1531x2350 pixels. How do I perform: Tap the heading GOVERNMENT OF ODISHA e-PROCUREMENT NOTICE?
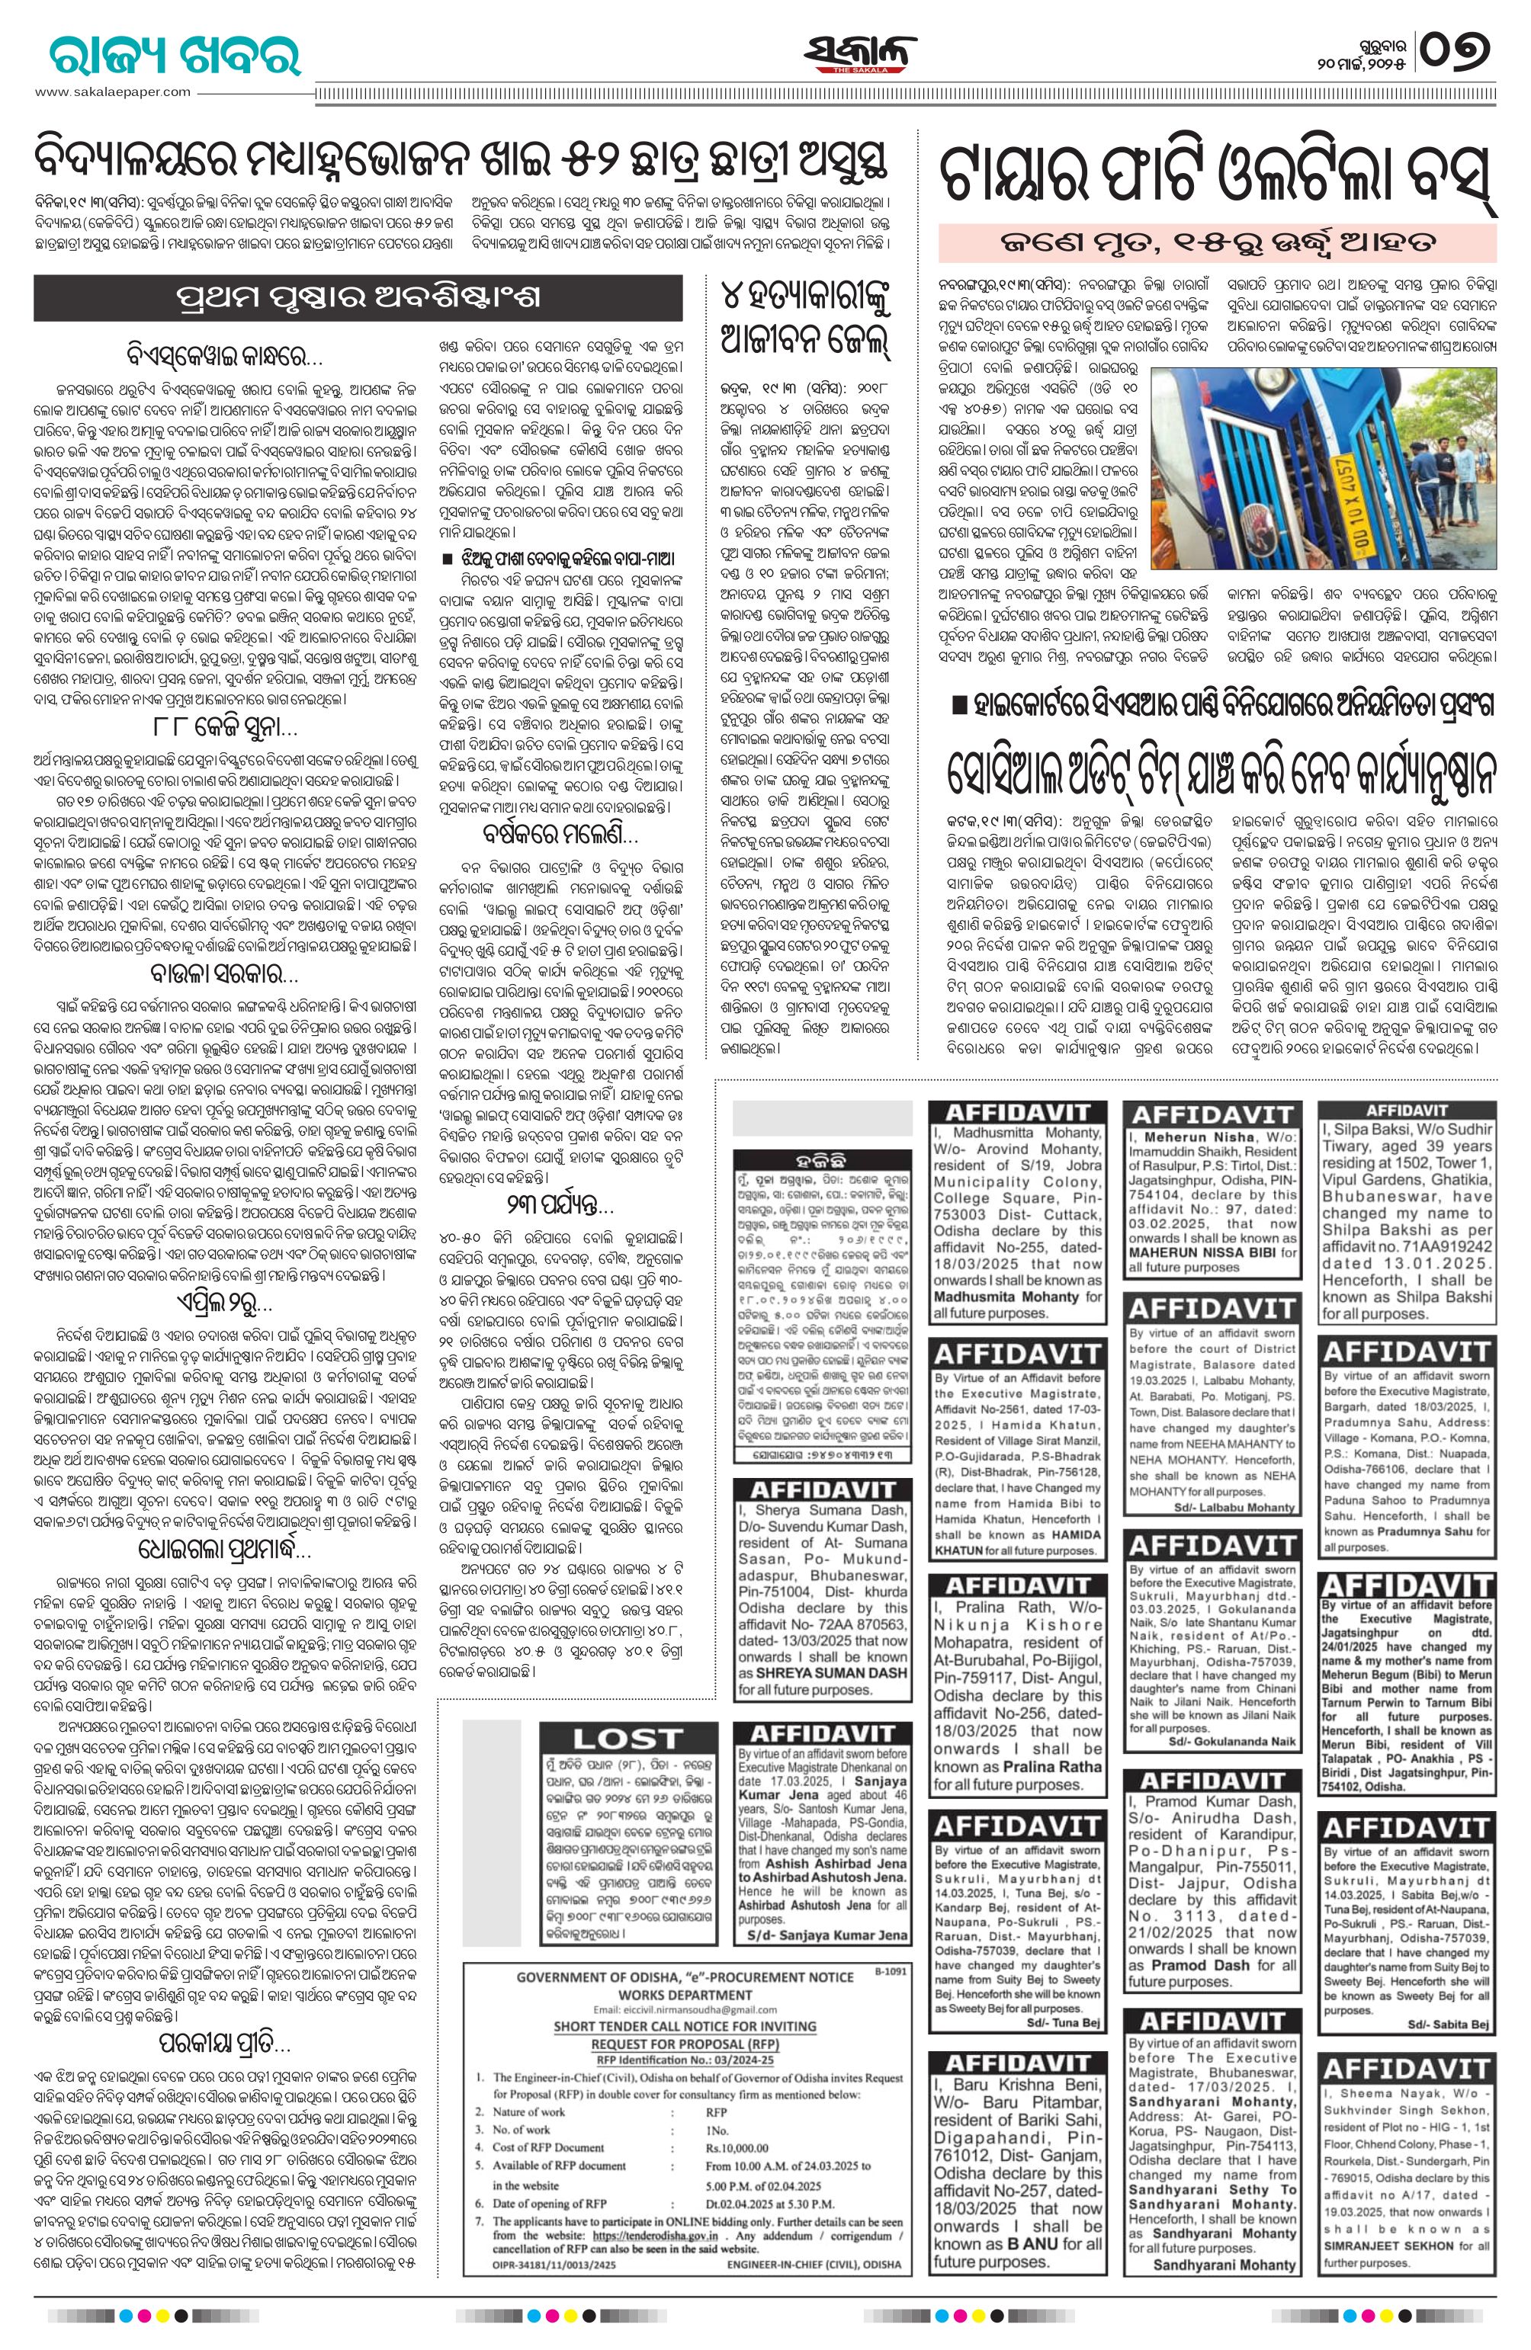point(685,1949)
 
